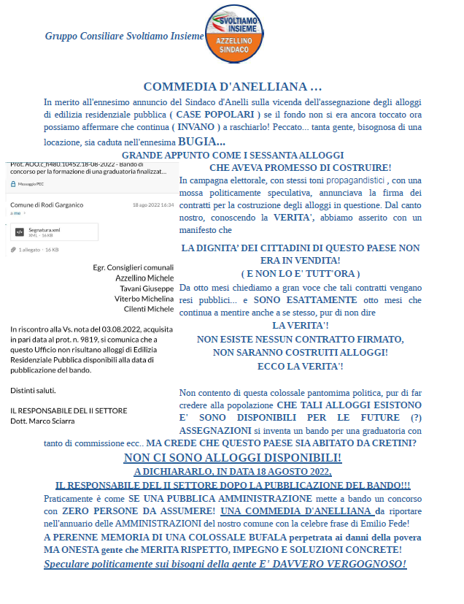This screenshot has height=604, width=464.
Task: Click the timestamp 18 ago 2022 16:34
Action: click(153, 205)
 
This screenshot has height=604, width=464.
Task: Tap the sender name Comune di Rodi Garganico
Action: click(47, 205)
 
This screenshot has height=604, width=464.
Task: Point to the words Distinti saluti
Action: click(33, 389)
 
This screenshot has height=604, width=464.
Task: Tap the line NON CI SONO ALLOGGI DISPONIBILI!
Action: click(232, 457)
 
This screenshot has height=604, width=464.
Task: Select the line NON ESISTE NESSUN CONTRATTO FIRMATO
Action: click(300, 339)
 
